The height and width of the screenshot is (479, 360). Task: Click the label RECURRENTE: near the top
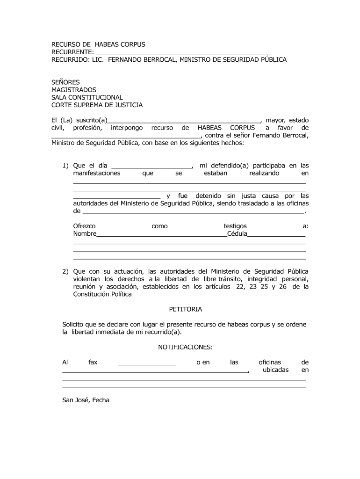click(72, 52)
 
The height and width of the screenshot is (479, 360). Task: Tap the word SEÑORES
click(65, 82)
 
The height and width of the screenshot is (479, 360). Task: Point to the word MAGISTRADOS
click(73, 90)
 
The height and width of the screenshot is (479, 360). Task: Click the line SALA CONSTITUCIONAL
click(87, 97)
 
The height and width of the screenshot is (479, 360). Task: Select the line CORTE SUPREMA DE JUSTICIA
click(97, 105)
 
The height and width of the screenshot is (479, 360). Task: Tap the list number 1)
click(65, 166)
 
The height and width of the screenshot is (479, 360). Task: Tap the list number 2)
click(65, 271)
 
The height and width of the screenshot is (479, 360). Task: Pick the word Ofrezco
click(84, 226)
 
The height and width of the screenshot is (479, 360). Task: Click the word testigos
click(235, 226)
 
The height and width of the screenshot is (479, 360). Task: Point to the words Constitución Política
click(102, 294)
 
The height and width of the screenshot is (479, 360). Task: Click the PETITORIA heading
click(185, 309)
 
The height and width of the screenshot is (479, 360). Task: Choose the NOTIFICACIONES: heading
click(185, 347)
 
